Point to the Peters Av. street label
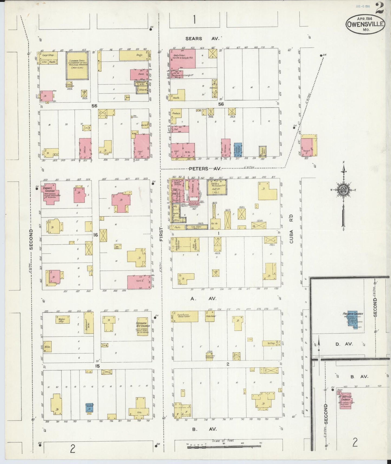coord(205,169)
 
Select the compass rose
coord(344,190)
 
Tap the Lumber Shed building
coord(78,65)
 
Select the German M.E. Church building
coord(143,326)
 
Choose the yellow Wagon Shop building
coord(63,320)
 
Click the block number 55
coord(94,106)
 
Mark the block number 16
coord(96,235)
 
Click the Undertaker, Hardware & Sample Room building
coord(183,59)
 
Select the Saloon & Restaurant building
coord(217,187)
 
